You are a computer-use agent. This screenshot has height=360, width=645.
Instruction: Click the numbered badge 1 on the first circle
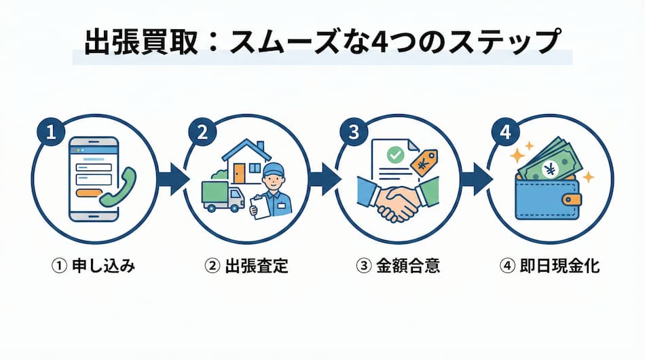(x=50, y=132)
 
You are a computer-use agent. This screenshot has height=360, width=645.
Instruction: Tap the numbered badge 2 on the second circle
(x=201, y=132)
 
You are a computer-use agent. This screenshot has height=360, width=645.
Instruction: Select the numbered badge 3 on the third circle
(x=353, y=132)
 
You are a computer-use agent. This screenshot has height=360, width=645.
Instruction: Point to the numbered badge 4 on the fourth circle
(x=504, y=132)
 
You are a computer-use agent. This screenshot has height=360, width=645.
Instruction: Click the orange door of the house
(x=238, y=174)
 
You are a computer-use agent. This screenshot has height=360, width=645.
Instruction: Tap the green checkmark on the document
(x=394, y=156)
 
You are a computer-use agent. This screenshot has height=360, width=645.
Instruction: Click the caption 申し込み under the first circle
(x=103, y=266)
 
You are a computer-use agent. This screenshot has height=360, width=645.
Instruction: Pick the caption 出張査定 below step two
(x=256, y=266)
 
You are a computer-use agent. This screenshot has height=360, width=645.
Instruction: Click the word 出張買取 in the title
(x=136, y=42)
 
